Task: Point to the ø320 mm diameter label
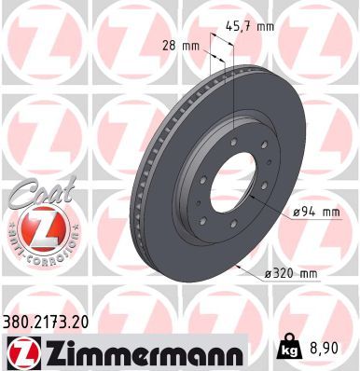(x=293, y=272)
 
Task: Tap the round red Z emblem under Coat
(x=35, y=227)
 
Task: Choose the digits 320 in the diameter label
(x=288, y=272)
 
